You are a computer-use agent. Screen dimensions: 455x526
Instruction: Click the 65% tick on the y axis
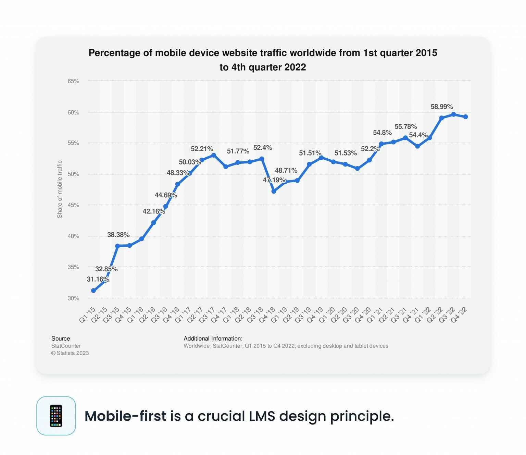(x=73, y=81)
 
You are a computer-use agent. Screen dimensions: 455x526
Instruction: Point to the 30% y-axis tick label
(x=73, y=298)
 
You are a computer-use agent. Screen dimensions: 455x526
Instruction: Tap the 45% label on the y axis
(x=73, y=205)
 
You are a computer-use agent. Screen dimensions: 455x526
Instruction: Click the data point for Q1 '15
(x=93, y=291)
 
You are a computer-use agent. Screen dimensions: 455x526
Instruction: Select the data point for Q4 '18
(x=274, y=191)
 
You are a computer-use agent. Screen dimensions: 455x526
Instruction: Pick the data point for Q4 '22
(x=465, y=117)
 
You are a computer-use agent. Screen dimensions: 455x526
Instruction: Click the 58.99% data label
(x=441, y=107)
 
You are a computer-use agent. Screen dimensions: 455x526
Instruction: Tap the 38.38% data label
(x=118, y=235)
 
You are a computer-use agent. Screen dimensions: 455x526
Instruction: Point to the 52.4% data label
(x=263, y=148)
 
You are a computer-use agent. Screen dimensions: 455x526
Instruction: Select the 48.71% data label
(x=286, y=170)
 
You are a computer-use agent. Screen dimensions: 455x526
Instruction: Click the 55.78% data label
(x=405, y=127)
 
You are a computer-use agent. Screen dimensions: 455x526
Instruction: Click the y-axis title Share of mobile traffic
(x=60, y=189)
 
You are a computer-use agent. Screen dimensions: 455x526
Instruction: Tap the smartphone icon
(x=56, y=416)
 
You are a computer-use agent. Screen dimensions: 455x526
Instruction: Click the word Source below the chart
(x=61, y=339)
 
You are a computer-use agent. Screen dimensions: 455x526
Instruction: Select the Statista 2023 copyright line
(x=70, y=353)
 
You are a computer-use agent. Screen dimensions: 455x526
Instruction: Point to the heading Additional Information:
(x=213, y=339)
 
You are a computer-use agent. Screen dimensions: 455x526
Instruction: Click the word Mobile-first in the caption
(x=125, y=416)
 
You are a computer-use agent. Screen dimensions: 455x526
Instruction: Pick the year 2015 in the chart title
(x=426, y=53)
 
